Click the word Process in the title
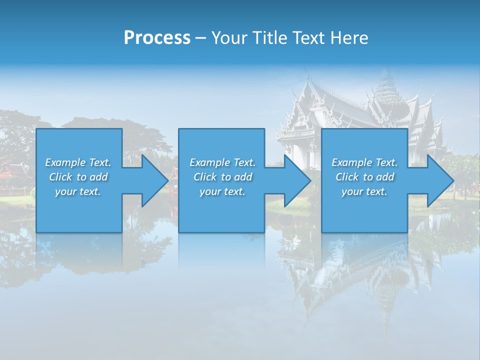tap(157, 38)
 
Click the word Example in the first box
tap(65, 162)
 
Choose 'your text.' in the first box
tap(78, 191)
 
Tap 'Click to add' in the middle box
tap(222, 177)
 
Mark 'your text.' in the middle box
tap(222, 191)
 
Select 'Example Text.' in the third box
tap(364, 162)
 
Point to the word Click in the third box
tap(348, 177)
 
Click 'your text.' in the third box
tap(364, 191)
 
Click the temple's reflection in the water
tap(350, 275)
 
